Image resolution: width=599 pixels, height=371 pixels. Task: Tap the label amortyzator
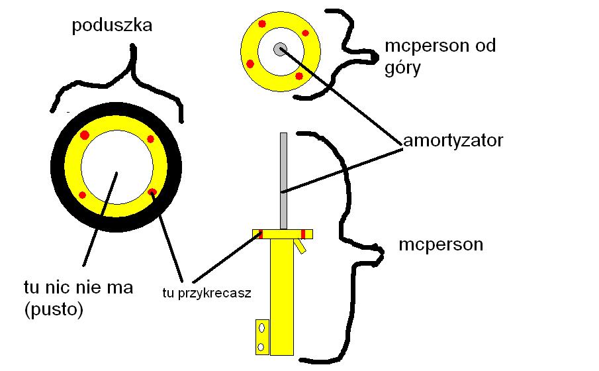[x=453, y=141]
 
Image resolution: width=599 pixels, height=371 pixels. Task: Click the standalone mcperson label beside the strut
[x=441, y=245]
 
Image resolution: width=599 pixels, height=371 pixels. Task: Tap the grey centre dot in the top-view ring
[x=280, y=48]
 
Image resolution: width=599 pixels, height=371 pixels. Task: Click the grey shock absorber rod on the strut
[x=284, y=179]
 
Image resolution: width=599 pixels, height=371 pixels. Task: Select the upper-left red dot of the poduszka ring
[x=84, y=135]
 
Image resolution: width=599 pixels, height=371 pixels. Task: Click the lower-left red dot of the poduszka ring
[x=83, y=194]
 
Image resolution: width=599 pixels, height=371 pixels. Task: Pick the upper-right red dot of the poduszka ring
[x=150, y=139]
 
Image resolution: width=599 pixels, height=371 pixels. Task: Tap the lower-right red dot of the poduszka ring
[x=152, y=192]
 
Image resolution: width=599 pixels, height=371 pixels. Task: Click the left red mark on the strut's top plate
[x=260, y=233]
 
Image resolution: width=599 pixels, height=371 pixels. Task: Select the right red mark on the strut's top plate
[x=303, y=233]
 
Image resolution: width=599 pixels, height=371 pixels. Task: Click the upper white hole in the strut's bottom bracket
[x=261, y=327]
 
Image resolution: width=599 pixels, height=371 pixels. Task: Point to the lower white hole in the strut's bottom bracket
[x=261, y=346]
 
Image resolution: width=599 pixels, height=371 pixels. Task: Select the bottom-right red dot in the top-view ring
[x=299, y=77]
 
